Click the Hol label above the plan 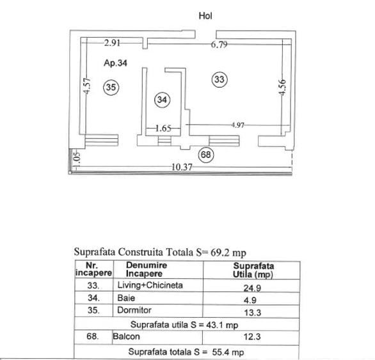coord(205,16)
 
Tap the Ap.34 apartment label coord(115,63)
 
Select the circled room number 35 coord(111,87)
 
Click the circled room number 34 coord(162,100)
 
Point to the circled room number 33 coord(219,79)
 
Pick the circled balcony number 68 coord(206,155)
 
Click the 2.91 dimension coord(112,43)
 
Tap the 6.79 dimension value coord(219,45)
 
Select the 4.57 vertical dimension coord(87,86)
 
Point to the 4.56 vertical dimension coord(282,88)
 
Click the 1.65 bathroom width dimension coord(163,129)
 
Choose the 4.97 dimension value coord(237,125)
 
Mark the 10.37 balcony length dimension coord(182,167)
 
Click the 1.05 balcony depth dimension coord(77,160)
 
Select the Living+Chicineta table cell coord(150,285)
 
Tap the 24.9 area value coord(252,288)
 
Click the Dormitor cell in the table coord(134,310)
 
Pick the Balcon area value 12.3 coord(252,337)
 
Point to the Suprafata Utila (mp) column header coord(253,270)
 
